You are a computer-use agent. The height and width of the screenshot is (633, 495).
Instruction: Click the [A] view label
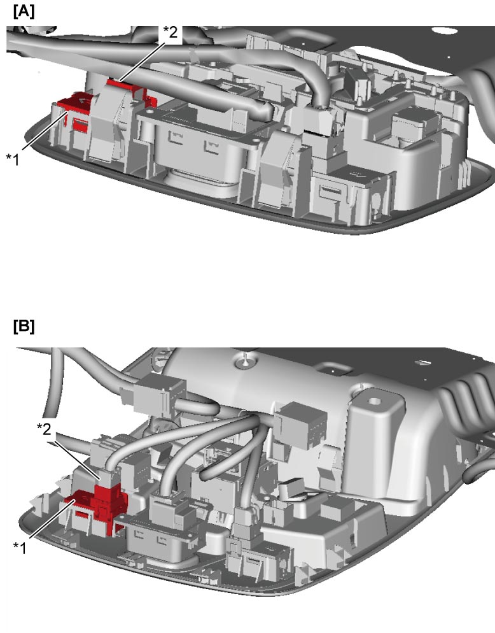[x=24, y=11]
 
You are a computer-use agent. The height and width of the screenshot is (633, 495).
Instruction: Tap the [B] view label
[x=24, y=326]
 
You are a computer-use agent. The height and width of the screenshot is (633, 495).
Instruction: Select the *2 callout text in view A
[x=170, y=32]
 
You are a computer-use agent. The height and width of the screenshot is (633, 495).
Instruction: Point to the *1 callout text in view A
[x=13, y=159]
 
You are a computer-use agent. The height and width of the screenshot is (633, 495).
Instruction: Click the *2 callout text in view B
[x=44, y=429]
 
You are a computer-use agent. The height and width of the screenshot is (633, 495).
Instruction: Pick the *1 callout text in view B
[x=20, y=548]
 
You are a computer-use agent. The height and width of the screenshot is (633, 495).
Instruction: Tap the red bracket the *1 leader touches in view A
[x=74, y=103]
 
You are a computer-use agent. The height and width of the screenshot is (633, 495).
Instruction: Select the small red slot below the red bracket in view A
[x=81, y=125]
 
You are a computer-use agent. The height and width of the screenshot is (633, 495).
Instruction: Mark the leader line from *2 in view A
[x=142, y=61]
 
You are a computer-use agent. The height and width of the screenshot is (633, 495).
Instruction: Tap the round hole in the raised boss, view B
[x=375, y=401]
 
